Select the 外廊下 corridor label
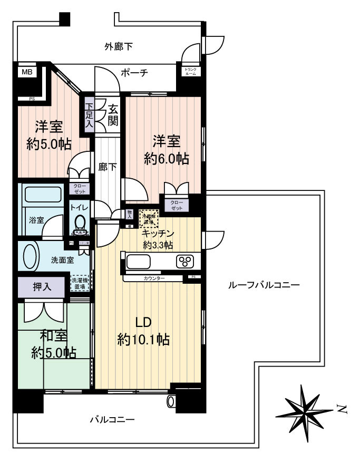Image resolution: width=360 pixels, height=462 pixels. point(118,47)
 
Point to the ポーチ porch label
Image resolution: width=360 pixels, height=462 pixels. point(133,73)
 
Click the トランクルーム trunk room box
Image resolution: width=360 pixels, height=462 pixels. point(190,72)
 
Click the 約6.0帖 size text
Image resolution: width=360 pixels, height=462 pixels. point(167,158)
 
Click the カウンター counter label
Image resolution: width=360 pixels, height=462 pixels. point(154,277)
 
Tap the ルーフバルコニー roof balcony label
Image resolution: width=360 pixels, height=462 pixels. point(264,285)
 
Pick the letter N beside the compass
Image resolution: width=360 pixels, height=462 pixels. point(342,408)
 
